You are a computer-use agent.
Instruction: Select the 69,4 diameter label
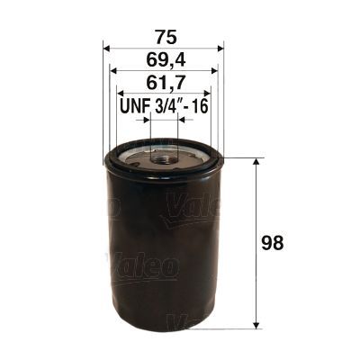pyautogui.click(x=163, y=59)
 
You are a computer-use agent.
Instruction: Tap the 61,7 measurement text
pyautogui.click(x=163, y=83)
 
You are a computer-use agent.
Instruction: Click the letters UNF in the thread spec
pyautogui.click(x=134, y=106)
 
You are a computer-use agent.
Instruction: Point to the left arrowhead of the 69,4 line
pyautogui.click(x=113, y=69)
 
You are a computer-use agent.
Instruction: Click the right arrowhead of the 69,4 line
pyautogui.click(x=213, y=69)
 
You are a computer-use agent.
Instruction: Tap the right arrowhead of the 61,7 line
pyautogui.click(x=207, y=93)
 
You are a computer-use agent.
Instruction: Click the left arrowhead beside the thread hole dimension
pyautogui.click(x=144, y=118)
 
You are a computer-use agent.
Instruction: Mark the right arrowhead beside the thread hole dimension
pyautogui.click(x=183, y=118)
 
